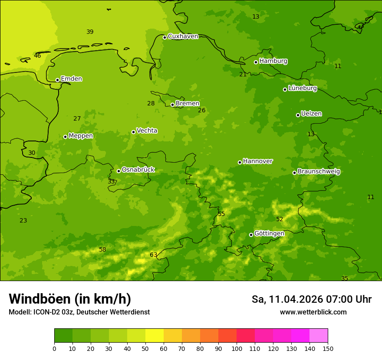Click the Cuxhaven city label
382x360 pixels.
coord(183,36)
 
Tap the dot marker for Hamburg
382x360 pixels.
coord(256,62)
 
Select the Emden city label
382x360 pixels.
coord(71,79)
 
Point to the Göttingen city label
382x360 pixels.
coord(269,233)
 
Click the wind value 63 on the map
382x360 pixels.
coord(153,255)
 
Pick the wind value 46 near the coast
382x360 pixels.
coord(37,56)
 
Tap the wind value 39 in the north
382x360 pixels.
coord(90,32)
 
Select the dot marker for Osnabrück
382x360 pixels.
coord(119,171)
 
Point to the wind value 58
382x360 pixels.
coord(102,249)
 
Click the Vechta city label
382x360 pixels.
coord(147,131)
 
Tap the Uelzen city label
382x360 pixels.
coord(311,114)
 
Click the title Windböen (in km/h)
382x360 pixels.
coord(70,299)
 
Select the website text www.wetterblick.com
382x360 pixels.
coord(313,312)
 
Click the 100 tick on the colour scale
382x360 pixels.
coord(237,348)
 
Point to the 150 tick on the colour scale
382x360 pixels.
coord(328,348)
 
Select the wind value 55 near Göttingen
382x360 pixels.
coord(221,214)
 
